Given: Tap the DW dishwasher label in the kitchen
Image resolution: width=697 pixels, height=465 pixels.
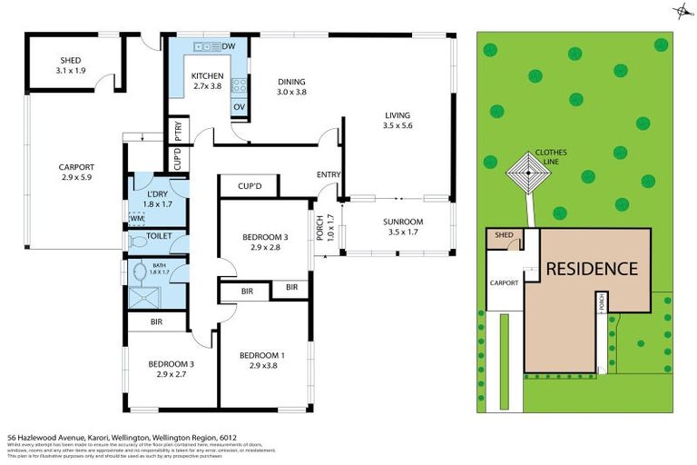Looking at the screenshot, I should (x=229, y=46).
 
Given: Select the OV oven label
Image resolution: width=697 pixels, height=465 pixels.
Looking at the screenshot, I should (x=240, y=106).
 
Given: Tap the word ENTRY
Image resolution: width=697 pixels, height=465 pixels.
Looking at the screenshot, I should (x=328, y=174).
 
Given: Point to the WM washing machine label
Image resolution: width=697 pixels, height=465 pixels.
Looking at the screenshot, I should (x=136, y=219).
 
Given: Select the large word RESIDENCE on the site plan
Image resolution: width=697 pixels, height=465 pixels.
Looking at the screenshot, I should (x=591, y=269).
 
